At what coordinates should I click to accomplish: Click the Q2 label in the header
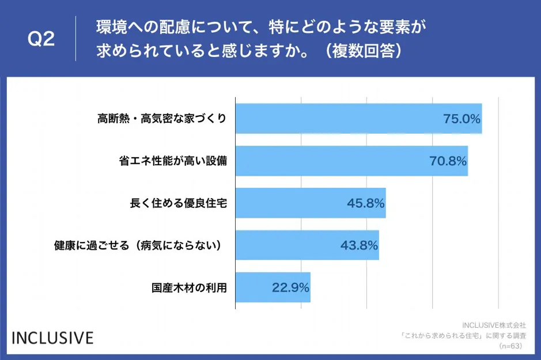pyautogui.click(x=41, y=39)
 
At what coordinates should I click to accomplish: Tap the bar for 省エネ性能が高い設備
pyautogui.click(x=351, y=161)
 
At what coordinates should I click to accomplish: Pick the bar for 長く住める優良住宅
pyautogui.click(x=311, y=203)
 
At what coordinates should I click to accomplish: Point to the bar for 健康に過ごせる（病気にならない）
pyautogui.click(x=307, y=245)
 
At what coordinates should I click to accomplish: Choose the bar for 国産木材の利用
pyautogui.click(x=273, y=287)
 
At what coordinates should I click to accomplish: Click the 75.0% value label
pyautogui.click(x=461, y=119)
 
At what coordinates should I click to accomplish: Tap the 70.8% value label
pyautogui.click(x=448, y=161)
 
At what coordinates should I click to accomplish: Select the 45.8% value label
pyautogui.click(x=366, y=203)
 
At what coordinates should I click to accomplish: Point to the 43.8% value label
pyautogui.click(x=359, y=245)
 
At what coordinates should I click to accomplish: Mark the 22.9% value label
pyautogui.click(x=291, y=287)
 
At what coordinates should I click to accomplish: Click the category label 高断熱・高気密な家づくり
pyautogui.click(x=162, y=119)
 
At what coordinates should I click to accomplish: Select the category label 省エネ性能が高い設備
pyautogui.click(x=173, y=161)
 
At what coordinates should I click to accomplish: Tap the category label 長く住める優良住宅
pyautogui.click(x=179, y=203)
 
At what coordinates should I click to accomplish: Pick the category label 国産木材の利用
pyautogui.click(x=189, y=287)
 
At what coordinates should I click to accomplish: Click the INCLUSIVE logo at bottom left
pyautogui.click(x=52, y=338)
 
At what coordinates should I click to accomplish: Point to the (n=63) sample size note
pyautogui.click(x=509, y=346)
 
